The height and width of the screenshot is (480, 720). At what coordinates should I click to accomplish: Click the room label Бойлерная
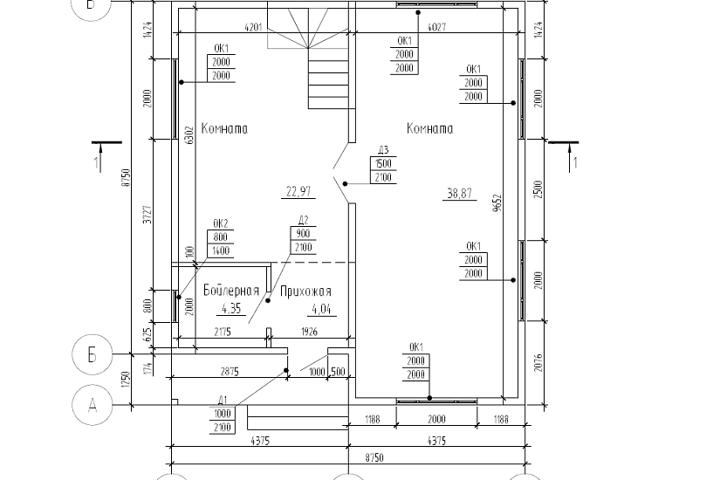(230, 291)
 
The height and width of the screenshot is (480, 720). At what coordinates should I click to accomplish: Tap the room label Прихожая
(305, 291)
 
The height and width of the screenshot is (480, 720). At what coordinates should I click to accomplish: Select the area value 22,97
(298, 190)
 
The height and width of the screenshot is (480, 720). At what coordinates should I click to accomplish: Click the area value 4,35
(231, 308)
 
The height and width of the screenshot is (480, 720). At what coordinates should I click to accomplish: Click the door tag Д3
(383, 149)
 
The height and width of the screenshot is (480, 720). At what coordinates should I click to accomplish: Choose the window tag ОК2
(220, 223)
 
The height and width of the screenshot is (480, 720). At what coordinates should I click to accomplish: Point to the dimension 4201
(254, 28)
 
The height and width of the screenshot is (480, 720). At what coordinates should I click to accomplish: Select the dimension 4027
(437, 28)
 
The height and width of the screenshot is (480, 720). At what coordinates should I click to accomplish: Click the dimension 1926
(312, 333)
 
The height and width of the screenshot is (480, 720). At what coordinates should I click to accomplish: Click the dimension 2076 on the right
(538, 361)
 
